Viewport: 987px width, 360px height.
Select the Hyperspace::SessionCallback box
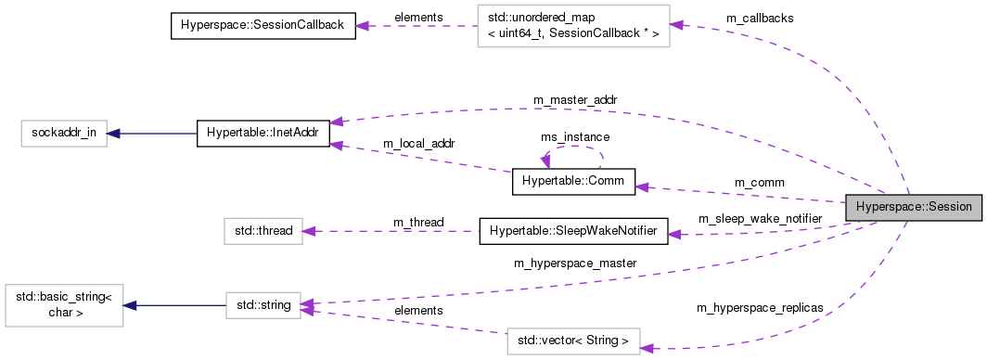click(263, 26)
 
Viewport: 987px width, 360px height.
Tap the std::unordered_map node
click(571, 26)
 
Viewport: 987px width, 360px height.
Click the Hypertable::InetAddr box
click(263, 133)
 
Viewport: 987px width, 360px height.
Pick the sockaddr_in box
click(59, 133)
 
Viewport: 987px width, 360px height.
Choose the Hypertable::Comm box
click(573, 182)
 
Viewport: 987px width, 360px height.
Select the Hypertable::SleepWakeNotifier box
click(572, 231)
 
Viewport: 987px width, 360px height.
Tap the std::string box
click(263, 304)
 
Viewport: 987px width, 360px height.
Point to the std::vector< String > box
click(573, 341)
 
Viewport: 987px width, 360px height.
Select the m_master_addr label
click(575, 99)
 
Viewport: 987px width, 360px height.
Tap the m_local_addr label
click(417, 144)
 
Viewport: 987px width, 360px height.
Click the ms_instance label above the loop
click(575, 136)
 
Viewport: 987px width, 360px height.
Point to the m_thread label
click(418, 222)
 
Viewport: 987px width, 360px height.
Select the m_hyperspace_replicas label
click(759, 307)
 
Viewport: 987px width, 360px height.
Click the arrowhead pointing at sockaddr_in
click(112, 133)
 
